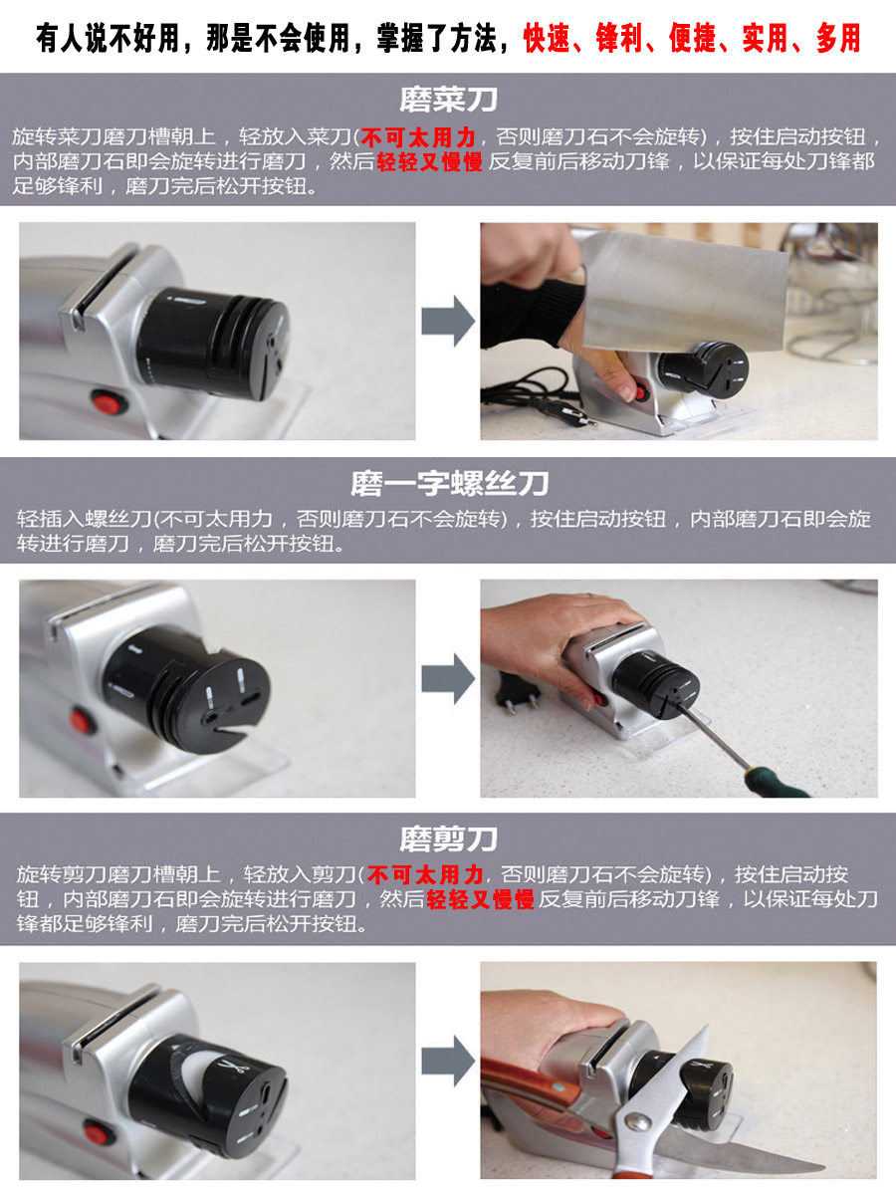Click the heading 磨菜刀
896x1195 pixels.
point(448,101)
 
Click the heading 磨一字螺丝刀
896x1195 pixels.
point(449,483)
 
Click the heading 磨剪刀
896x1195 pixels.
point(448,839)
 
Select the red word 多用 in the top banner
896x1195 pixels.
point(838,38)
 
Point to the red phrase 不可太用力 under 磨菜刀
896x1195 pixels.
point(418,137)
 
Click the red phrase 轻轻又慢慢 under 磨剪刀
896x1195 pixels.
point(480,899)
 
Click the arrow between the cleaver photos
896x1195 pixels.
point(448,322)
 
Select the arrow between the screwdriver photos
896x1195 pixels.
point(448,679)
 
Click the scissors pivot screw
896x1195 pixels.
point(637,1121)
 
